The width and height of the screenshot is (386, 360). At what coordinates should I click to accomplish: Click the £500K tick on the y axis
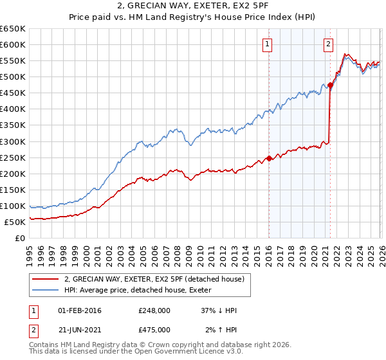13,77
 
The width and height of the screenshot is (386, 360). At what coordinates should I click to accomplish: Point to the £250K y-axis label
13,157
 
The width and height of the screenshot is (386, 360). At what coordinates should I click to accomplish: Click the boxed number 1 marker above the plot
267,44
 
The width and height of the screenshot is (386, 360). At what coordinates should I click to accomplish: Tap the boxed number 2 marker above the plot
328,44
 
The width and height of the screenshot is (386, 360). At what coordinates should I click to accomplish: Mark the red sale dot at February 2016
268,158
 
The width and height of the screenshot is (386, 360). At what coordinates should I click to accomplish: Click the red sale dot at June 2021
330,85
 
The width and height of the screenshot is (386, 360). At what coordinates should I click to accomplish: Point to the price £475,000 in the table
154,329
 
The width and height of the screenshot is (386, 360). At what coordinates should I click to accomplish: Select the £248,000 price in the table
154,310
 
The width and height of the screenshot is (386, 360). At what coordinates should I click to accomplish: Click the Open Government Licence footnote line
126,353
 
